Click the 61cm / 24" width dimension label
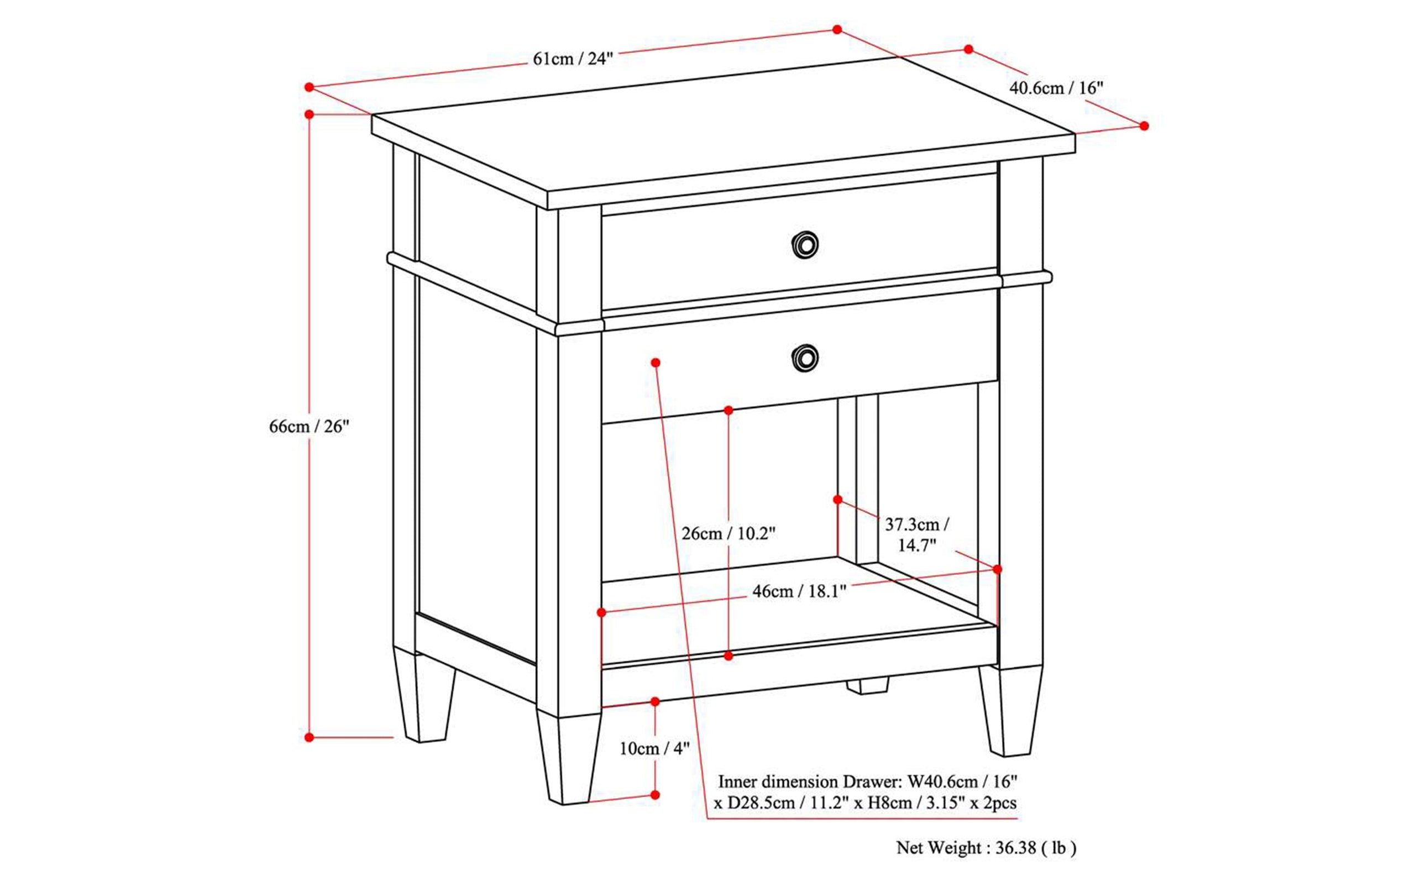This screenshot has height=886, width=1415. [573, 59]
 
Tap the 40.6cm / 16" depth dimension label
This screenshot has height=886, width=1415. [1056, 88]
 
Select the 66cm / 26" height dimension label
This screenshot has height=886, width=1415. [309, 427]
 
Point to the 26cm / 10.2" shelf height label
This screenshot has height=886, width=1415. [729, 533]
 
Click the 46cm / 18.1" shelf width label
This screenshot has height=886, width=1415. [799, 591]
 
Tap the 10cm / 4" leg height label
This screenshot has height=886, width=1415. [654, 748]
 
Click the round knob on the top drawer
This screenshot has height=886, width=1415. [805, 244]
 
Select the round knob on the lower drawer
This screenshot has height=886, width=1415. [805, 358]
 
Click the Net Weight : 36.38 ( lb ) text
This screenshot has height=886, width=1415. [986, 848]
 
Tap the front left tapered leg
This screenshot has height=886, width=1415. [568, 759]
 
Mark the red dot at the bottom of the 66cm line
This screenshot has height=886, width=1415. [310, 737]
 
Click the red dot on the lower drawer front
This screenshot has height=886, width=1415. [656, 363]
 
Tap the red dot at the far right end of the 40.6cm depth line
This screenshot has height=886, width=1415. [1144, 126]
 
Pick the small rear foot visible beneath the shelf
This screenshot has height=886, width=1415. [867, 685]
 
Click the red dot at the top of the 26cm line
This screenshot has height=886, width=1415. [729, 411]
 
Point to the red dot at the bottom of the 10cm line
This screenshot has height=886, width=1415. [655, 795]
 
